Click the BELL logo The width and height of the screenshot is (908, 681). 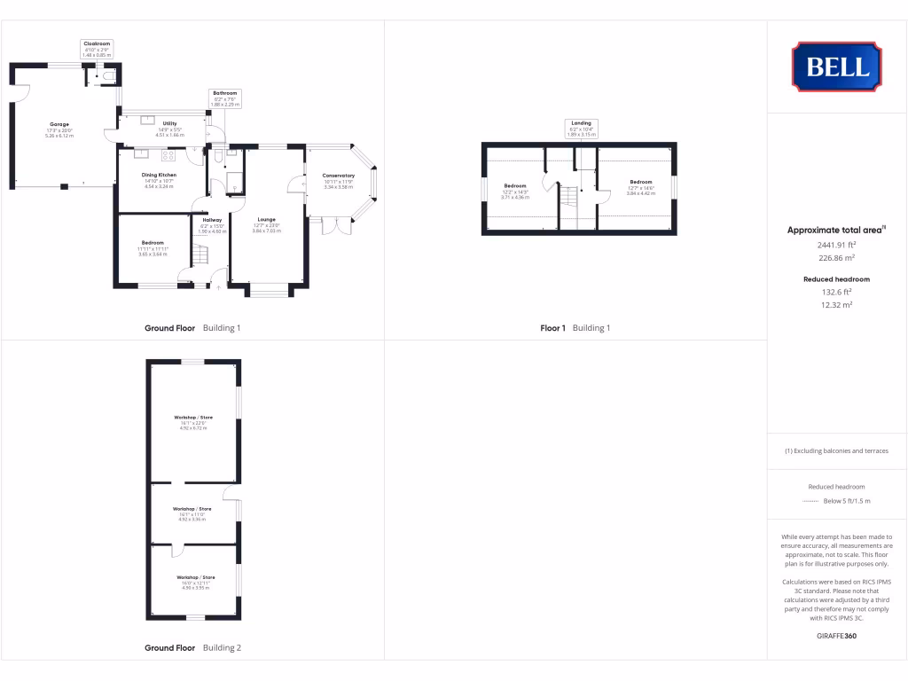click(836, 67)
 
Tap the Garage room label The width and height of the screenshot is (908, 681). click(59, 124)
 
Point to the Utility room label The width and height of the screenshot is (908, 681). click(169, 124)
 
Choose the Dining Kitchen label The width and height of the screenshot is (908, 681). click(160, 176)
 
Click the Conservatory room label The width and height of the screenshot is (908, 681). click(339, 176)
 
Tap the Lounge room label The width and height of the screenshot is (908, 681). click(267, 220)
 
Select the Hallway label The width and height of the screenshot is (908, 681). click(212, 220)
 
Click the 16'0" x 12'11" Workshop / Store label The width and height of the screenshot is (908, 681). click(192, 577)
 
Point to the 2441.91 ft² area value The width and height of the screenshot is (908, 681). click(836, 245)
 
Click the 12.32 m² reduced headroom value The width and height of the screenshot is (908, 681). click(836, 304)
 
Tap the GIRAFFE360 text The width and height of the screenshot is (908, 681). click(836, 636)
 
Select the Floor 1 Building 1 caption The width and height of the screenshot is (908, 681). click(575, 328)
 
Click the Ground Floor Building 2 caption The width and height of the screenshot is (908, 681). click(192, 648)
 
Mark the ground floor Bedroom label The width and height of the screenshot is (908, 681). click(153, 243)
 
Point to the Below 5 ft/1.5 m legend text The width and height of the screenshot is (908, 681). click(847, 501)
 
